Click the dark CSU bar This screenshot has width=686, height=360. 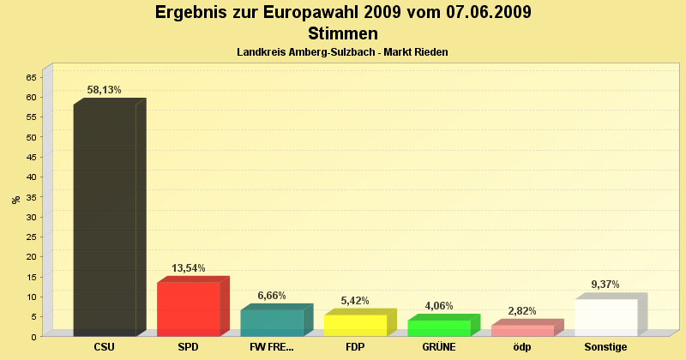point(105,219)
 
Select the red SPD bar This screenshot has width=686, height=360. point(189,309)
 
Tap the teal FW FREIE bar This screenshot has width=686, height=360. point(272,322)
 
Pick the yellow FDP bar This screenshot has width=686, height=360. point(355,325)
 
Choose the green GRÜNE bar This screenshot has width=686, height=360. point(439,327)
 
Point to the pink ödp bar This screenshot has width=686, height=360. point(522,330)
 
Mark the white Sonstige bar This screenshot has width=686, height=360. point(606,317)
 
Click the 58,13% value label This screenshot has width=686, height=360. point(105,89)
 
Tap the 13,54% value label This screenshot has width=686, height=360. point(189,268)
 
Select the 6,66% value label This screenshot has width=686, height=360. point(272,296)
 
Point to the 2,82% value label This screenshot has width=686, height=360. point(522,311)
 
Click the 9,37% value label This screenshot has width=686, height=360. point(605,285)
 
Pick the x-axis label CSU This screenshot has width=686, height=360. point(105,347)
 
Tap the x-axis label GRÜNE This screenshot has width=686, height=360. point(439,347)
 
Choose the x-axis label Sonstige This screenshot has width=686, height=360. point(606,347)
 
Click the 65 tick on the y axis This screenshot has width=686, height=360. point(31,77)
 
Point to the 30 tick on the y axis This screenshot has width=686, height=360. point(31,217)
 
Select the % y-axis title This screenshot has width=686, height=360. point(15,199)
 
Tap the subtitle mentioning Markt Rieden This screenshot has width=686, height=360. point(342,52)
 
